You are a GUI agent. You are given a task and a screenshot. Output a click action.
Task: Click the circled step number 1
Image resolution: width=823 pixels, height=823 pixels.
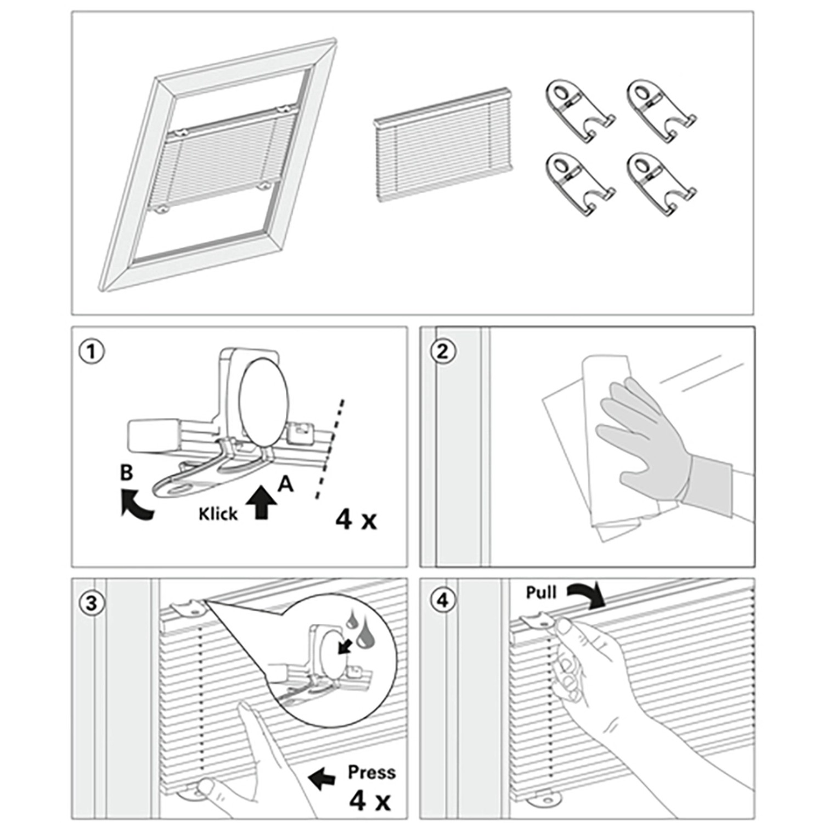91,352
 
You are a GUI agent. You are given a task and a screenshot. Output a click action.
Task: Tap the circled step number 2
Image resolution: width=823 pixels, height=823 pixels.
442,352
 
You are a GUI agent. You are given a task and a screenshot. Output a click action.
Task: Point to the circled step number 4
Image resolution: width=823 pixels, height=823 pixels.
442,600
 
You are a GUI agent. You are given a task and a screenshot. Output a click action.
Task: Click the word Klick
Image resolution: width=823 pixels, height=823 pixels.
218,514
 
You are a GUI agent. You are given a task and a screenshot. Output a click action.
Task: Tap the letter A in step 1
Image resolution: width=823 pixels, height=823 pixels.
285,484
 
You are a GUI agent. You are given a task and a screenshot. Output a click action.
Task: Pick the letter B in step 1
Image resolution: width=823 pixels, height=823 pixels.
127,472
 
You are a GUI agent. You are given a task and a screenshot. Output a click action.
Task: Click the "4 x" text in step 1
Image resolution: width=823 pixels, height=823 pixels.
356,518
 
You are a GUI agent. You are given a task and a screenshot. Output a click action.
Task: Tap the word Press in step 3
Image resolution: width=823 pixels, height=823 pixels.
371,773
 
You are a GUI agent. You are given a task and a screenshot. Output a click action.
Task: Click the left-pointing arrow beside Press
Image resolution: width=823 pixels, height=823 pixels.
322,778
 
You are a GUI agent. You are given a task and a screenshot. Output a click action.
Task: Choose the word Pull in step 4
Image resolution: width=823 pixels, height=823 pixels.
541,593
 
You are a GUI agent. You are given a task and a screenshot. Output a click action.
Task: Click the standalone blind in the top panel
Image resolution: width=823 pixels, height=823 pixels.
442,144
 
